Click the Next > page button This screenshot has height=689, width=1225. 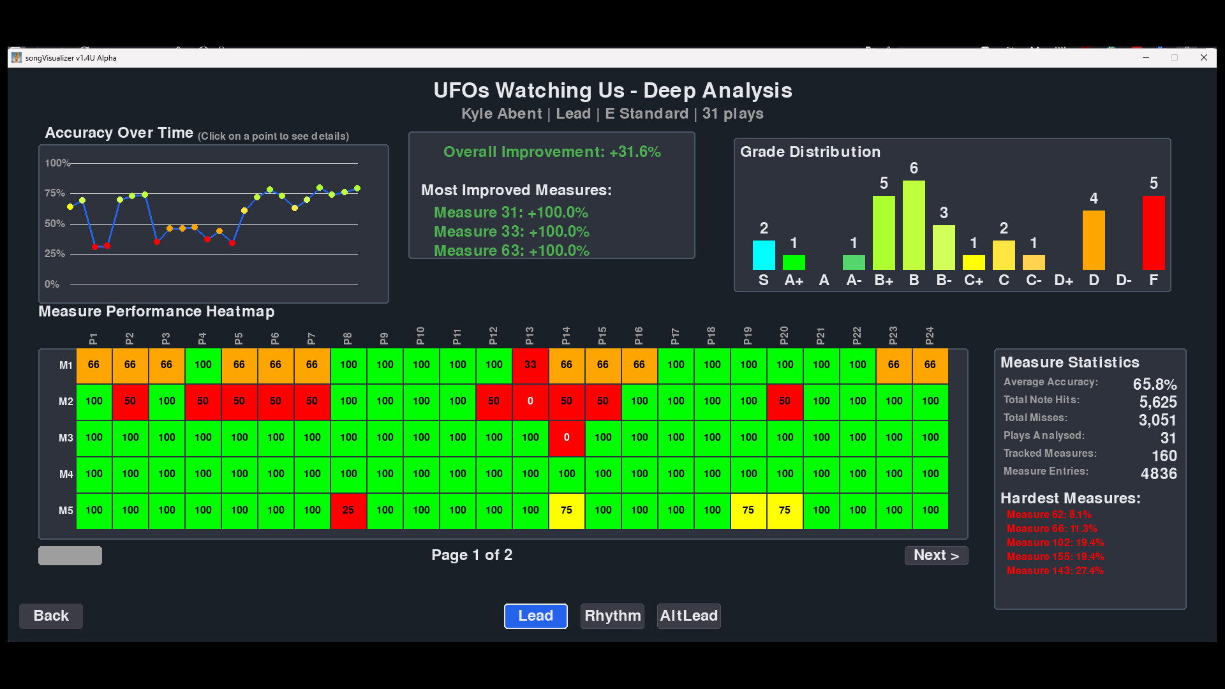click(936, 555)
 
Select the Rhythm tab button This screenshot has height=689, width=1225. click(612, 616)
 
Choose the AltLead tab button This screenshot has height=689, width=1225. click(688, 616)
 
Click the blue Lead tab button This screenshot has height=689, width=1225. click(535, 616)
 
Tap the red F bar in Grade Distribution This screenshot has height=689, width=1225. click(1153, 233)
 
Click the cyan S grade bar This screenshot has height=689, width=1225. click(764, 255)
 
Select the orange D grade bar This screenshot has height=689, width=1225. click(1094, 240)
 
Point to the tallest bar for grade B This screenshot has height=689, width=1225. click(914, 225)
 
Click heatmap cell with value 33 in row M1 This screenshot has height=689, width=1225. click(530, 365)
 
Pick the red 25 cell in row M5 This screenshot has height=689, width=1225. click(348, 510)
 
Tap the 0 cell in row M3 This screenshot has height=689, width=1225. click(567, 438)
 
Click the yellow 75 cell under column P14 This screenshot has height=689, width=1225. click(567, 510)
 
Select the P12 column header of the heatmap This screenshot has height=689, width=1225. click(493, 336)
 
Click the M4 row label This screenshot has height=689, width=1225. click(66, 474)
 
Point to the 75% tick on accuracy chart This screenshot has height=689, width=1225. click(55, 193)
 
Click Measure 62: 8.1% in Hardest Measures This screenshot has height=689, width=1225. click(1049, 514)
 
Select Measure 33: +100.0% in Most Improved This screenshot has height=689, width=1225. click(511, 232)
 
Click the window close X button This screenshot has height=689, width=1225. click(1203, 57)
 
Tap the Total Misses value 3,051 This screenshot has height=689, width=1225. click(1157, 420)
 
